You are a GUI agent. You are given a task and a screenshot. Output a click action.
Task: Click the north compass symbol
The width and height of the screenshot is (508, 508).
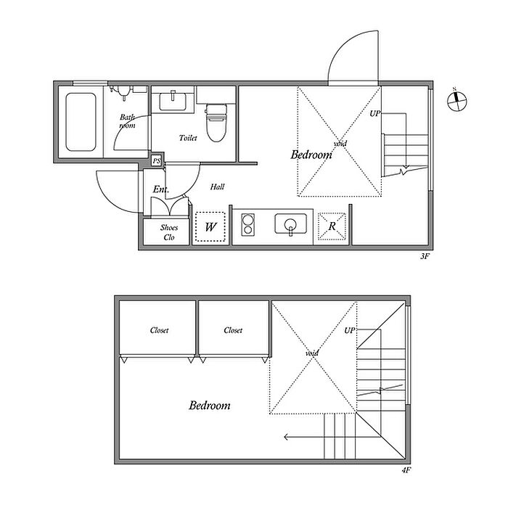[456, 101]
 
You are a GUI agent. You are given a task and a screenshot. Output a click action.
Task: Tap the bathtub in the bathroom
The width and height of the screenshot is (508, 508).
[81, 122]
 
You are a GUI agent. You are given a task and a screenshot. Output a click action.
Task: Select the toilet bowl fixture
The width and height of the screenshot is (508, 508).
[216, 123]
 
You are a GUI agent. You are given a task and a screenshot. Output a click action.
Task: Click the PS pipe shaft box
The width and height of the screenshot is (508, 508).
[157, 160]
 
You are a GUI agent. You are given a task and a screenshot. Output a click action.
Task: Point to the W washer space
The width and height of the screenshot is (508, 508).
[210, 226]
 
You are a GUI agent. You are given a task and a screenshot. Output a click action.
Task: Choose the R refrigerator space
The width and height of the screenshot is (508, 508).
[332, 226]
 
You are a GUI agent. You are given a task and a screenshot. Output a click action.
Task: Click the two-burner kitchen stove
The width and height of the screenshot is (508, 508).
[248, 224]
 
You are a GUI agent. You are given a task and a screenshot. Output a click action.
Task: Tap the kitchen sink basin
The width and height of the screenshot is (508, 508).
[290, 224]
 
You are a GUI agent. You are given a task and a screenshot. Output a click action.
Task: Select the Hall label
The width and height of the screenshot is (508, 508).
[217, 187]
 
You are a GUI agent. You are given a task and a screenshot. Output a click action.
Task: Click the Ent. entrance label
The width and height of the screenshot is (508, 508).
[160, 189]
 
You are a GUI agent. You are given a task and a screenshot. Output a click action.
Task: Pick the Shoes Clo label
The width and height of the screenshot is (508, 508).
[169, 232]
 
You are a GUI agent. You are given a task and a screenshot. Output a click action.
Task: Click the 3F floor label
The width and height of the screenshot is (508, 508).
[425, 256]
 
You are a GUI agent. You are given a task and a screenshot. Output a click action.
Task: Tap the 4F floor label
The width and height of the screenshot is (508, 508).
[406, 470]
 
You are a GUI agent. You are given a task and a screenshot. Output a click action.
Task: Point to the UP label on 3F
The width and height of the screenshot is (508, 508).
[375, 114]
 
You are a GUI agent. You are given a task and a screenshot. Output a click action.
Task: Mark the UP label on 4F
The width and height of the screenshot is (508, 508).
[350, 330]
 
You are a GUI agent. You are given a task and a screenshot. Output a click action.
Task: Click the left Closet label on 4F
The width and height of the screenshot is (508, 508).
[159, 330]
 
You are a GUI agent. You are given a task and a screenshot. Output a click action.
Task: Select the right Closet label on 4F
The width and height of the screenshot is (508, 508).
[233, 330]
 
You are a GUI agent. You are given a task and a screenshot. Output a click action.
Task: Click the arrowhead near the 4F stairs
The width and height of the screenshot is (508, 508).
[286, 437]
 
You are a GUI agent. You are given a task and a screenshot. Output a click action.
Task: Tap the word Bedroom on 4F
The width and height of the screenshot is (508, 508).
[210, 405]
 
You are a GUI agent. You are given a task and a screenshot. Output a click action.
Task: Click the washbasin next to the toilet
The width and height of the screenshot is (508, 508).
[173, 101]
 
